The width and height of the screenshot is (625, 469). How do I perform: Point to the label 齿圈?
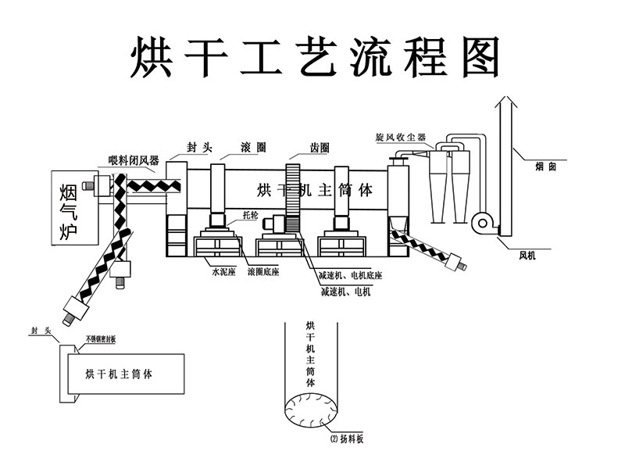pos(319,146)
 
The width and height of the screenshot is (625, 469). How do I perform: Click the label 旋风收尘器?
pos(401,138)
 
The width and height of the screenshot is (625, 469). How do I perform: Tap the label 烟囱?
pos(546,166)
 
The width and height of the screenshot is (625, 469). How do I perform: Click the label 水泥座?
pos(223,274)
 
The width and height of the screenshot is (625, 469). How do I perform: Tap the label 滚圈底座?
pos(263,274)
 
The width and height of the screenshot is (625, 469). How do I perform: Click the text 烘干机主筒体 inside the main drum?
pos(315,190)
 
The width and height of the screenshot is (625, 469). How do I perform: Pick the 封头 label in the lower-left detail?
pos(40,331)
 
